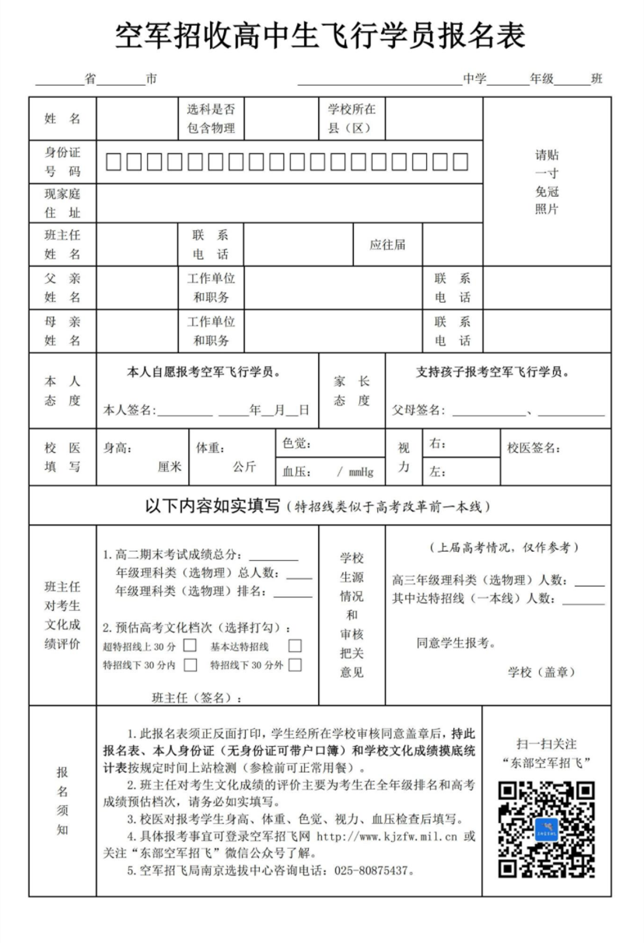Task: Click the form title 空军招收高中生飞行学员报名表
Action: [320, 36]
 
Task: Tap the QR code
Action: [547, 829]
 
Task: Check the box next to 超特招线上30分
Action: [190, 646]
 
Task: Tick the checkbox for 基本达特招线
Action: [295, 646]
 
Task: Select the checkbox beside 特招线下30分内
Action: [190, 665]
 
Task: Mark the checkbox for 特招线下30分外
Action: [295, 665]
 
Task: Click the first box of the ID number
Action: [114, 162]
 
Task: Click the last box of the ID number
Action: [460, 162]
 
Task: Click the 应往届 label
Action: [387, 244]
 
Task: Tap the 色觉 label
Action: [296, 443]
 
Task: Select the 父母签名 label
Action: [418, 410]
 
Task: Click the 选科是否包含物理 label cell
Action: [210, 118]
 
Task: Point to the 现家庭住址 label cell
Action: [62, 203]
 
